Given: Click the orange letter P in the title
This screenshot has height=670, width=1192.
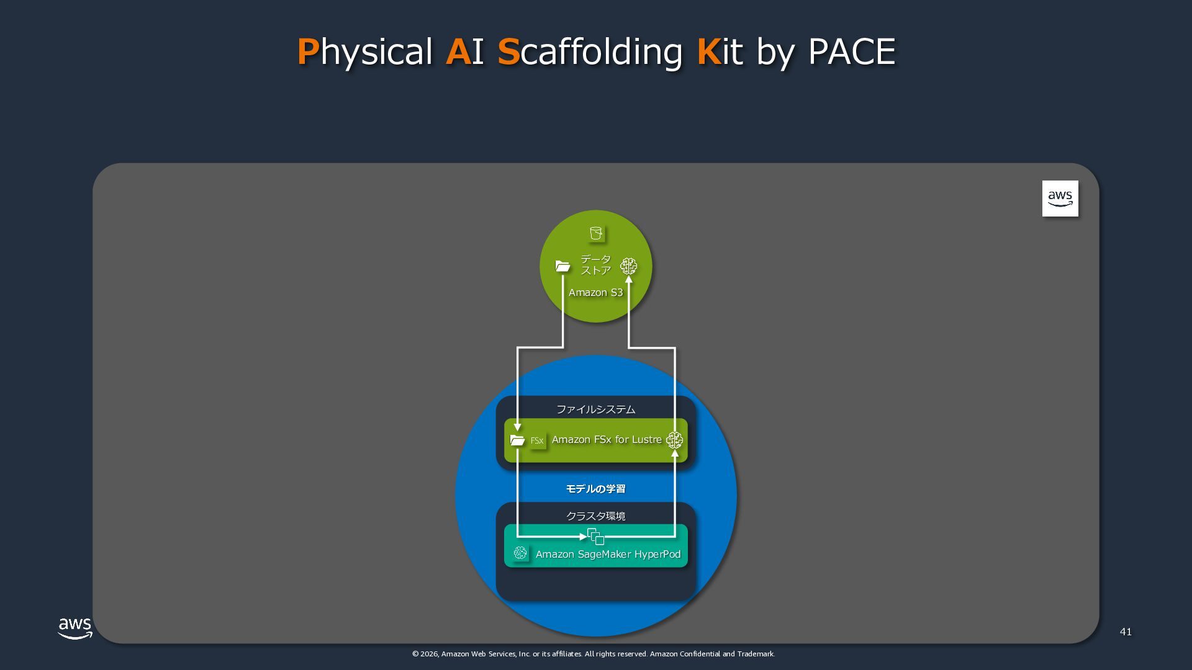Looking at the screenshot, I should point(308,51).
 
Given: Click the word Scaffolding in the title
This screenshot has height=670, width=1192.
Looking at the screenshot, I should point(590,51).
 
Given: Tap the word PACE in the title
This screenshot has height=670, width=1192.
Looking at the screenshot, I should point(851,51).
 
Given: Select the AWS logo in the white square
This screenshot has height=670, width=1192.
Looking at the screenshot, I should point(1060,199).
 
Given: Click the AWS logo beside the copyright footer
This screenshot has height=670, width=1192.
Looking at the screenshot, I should point(75,628).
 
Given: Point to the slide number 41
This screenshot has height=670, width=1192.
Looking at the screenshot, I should point(1126,632).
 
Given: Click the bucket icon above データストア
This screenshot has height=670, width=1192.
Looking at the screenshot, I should point(596,234).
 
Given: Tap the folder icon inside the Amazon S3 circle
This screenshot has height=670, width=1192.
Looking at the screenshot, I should point(562,266).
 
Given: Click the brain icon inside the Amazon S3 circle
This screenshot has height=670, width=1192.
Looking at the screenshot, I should point(628,266).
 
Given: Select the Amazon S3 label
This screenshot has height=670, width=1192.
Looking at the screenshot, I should point(595,293).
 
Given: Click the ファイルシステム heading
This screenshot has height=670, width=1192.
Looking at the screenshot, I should point(595,409).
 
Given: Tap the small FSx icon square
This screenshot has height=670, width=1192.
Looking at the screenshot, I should point(537,440).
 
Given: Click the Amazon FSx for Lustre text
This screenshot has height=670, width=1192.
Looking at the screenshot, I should point(607,440).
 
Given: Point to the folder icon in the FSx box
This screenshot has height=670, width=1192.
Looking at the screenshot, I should point(517,440).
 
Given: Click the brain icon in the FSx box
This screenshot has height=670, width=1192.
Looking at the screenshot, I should point(674,440).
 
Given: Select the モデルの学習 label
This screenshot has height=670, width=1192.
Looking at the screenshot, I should point(595,489).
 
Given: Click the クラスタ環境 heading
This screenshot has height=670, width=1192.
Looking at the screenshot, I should point(595,516).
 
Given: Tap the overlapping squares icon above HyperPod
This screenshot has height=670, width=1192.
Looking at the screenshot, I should point(596,537).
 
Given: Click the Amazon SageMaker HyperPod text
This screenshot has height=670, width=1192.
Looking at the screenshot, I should point(608,555).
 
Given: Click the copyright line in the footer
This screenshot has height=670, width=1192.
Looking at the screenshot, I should point(594,654).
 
